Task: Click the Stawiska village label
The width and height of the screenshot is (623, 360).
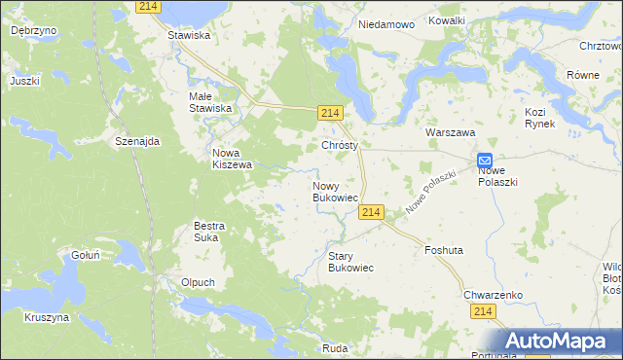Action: tap(189, 35)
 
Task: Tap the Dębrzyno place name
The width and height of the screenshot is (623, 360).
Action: tap(33, 30)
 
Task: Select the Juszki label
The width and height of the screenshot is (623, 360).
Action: tap(25, 81)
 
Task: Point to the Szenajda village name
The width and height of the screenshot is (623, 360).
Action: tap(136, 141)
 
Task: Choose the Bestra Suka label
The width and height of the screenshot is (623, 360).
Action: tap(209, 231)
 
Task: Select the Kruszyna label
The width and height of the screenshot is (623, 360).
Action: tap(47, 317)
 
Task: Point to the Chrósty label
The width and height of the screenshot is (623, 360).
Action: tap(340, 145)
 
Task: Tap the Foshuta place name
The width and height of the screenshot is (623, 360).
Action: tap(443, 250)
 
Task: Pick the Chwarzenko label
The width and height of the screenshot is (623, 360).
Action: tap(494, 294)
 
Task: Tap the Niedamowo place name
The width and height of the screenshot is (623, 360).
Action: tap(386, 23)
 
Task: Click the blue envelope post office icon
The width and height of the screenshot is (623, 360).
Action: tap(485, 161)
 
